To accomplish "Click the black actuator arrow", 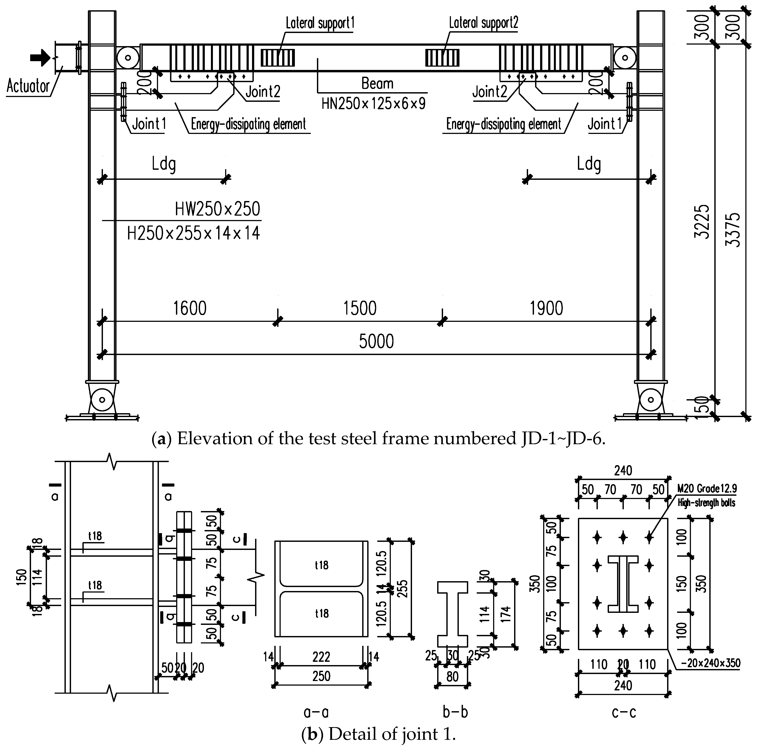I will (40, 58).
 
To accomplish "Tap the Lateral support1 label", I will (320, 24).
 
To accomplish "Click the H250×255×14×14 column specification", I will (193, 233).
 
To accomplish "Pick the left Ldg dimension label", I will (164, 164).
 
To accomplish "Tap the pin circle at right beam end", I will (624, 58).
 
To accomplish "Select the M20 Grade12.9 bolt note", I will (707, 489).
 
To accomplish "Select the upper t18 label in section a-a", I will (322, 565).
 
